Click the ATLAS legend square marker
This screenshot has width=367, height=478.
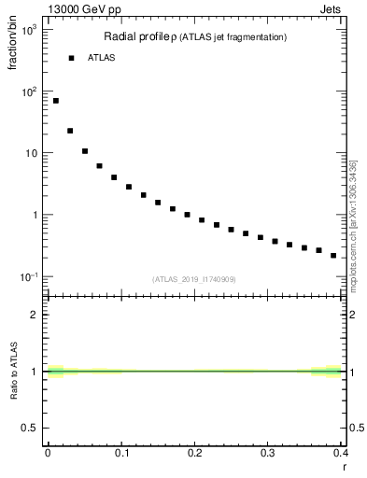[x=70, y=58]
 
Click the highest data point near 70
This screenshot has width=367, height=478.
[x=56, y=101]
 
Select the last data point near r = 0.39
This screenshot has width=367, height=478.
[x=333, y=255]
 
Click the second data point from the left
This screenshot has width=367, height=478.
[x=70, y=131]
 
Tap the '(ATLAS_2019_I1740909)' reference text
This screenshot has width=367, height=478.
[x=195, y=279]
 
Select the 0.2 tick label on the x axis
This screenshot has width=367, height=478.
[x=194, y=453]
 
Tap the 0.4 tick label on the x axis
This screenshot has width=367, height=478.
[x=340, y=453]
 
